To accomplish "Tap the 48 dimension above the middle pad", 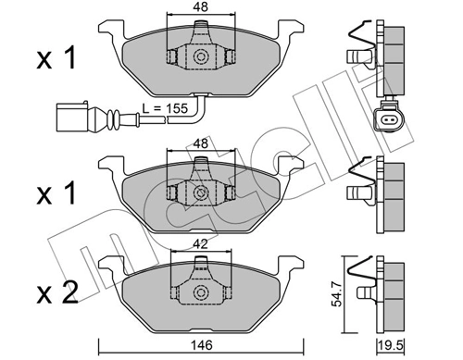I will [x=200, y=145].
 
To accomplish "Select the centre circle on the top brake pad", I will [x=200, y=56].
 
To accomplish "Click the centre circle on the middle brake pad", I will [x=200, y=192].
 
